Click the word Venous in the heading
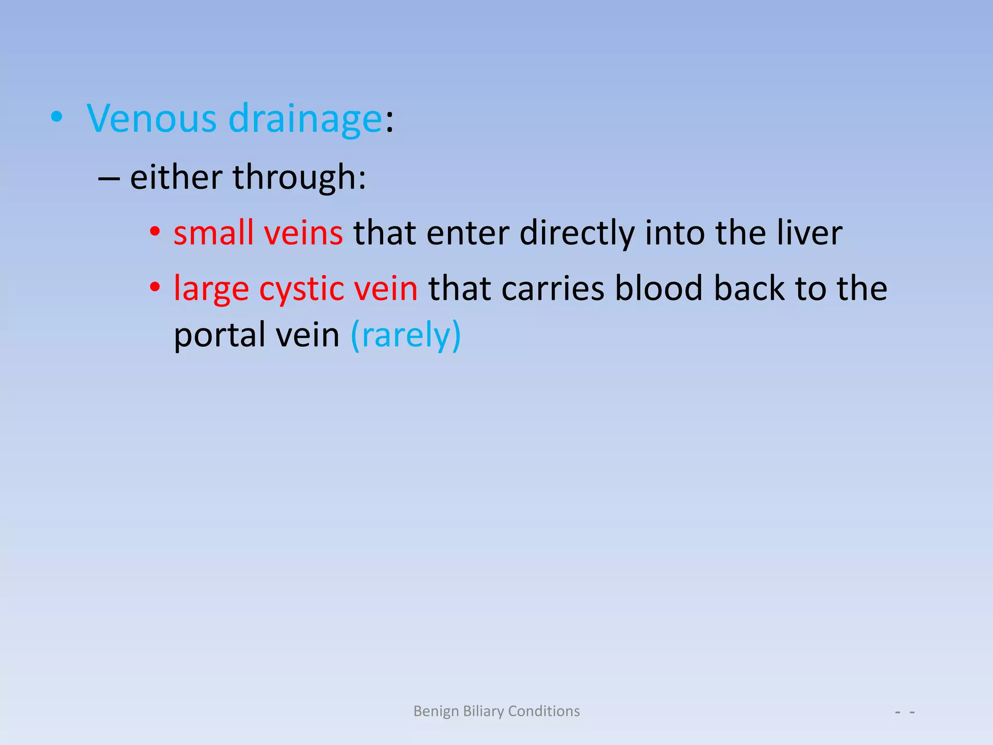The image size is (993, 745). click(151, 119)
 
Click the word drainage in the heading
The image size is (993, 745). click(305, 119)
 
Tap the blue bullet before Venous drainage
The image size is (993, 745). click(57, 117)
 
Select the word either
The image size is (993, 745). click(176, 177)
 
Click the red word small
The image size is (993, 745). click(213, 233)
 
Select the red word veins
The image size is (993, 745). click(304, 233)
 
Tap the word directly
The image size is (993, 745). click(577, 233)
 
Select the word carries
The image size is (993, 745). click(552, 288)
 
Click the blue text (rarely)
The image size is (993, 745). click(405, 335)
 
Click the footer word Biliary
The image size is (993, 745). click(483, 711)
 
